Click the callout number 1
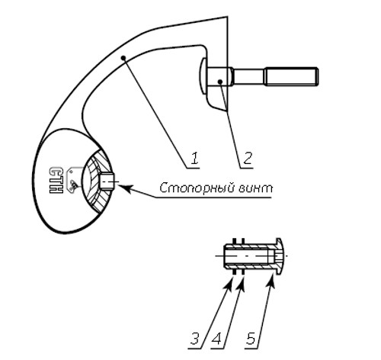(194, 158)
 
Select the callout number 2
(247, 158)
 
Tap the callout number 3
(196, 339)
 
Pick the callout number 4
(217, 339)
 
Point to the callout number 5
(251, 339)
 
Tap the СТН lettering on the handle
(56, 180)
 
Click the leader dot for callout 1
(123, 58)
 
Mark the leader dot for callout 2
(220, 82)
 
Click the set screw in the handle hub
(107, 182)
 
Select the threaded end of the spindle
(291, 76)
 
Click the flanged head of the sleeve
(279, 256)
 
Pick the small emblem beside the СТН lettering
(73, 180)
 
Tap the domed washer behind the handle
(203, 76)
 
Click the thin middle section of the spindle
(248, 76)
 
